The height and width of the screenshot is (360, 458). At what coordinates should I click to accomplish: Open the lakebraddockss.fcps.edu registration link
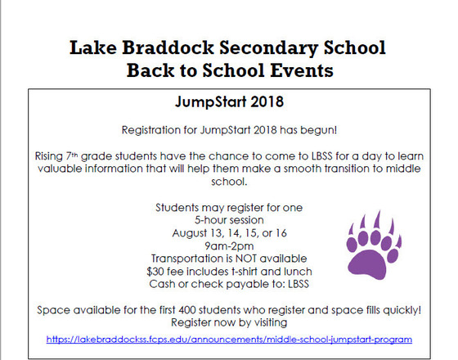click(228, 338)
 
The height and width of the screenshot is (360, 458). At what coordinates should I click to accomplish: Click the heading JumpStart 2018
click(228, 104)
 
